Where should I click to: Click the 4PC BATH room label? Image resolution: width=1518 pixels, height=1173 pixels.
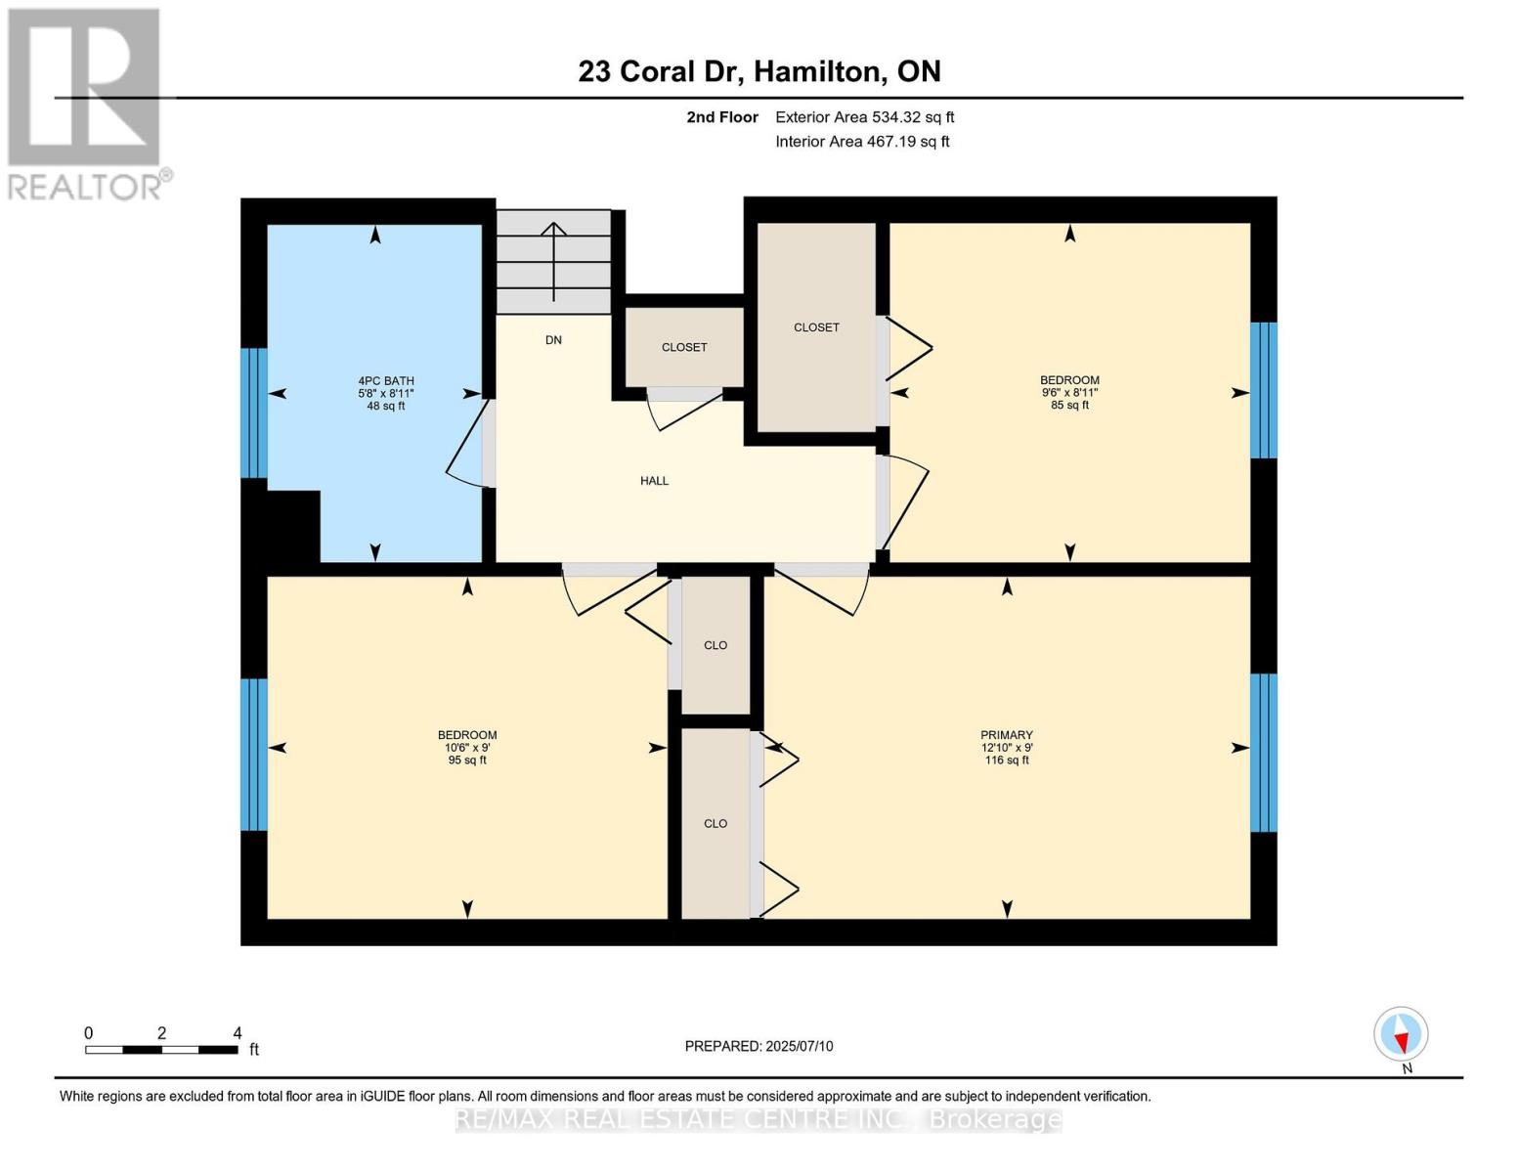tap(385, 380)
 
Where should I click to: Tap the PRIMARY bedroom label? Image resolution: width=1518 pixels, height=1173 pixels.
tap(1006, 735)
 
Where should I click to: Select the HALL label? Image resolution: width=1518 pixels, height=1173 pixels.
tap(654, 481)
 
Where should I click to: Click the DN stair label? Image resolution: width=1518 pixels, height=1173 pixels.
tap(553, 340)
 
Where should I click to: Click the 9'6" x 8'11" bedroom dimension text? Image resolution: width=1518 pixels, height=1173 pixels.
tap(1069, 393)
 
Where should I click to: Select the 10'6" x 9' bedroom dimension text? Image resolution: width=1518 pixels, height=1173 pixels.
tap(466, 748)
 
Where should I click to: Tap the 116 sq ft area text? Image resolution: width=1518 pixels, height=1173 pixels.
tap(1006, 760)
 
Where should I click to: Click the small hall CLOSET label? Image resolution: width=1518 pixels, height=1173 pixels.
tap(683, 347)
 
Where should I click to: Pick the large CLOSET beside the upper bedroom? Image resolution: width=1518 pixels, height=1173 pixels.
tap(816, 327)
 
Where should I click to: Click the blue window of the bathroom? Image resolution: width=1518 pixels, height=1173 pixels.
tap(253, 413)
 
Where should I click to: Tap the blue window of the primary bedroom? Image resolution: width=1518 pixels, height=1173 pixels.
tap(1264, 752)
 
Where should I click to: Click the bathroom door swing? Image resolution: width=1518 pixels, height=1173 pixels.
tap(467, 446)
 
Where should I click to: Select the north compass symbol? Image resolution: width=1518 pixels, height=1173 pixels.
tap(1401, 1034)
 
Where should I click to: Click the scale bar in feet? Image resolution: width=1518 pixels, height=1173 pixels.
tap(161, 1050)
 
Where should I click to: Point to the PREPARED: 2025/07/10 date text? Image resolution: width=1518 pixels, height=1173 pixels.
tap(759, 1046)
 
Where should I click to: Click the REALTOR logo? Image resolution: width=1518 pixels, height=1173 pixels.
tap(86, 103)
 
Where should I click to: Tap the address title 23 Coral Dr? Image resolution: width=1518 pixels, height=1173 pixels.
tap(759, 71)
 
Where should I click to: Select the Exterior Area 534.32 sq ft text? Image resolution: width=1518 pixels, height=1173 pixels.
tap(864, 117)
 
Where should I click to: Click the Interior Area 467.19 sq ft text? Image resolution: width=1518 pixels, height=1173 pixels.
tap(862, 142)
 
